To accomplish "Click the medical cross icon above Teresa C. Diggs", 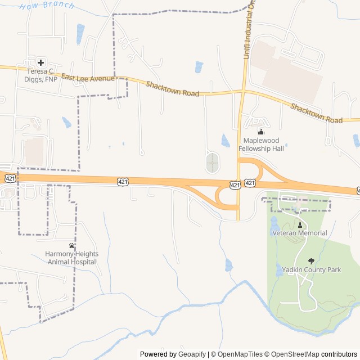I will point(41,62).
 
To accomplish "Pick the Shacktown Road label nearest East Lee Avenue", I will point(172,89).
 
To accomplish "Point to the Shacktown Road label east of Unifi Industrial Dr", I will point(317,112).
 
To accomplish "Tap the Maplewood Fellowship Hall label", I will point(264,145).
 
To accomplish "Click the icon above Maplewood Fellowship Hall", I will point(260,132).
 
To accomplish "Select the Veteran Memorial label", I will point(299,233).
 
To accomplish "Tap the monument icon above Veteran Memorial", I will point(299,224).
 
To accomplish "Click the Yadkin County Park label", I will point(311,270).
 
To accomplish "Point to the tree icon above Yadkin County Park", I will point(311,261).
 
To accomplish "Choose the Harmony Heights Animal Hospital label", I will point(71,258).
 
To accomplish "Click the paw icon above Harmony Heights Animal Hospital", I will point(71,245).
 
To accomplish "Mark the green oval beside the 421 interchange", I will point(213,163).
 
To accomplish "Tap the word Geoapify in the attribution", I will point(191,354).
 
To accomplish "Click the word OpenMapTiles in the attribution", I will point(238,354).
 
